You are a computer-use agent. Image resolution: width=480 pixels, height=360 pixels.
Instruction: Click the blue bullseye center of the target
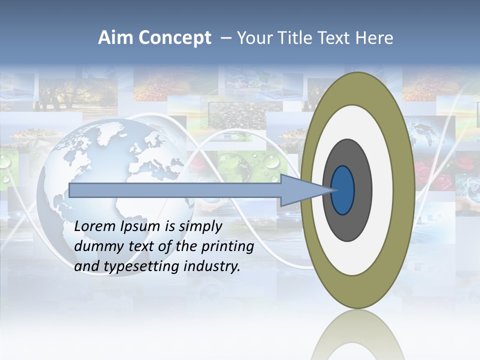click(x=343, y=190)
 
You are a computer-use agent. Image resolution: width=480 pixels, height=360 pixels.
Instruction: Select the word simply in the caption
click(x=200, y=227)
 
